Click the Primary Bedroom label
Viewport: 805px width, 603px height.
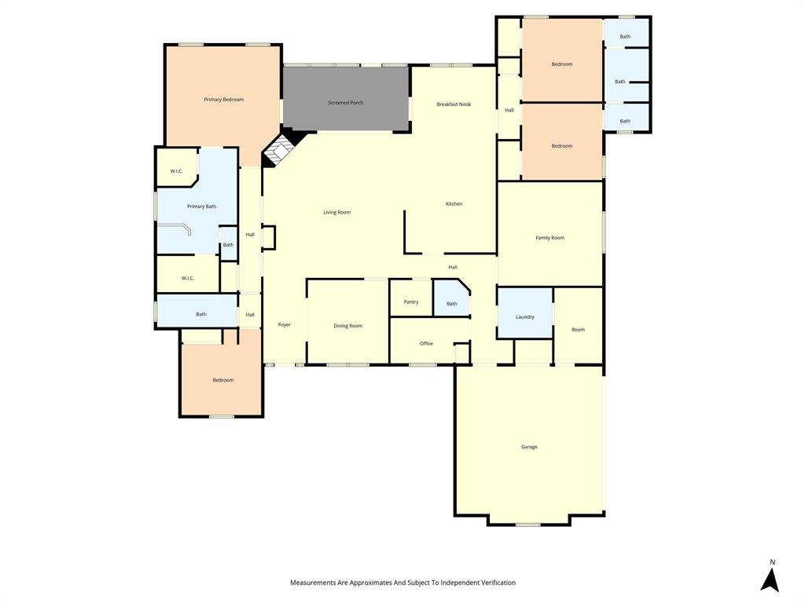[x=223, y=100]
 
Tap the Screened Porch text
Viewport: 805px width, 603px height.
[x=345, y=103]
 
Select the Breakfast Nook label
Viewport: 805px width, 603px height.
[x=454, y=104]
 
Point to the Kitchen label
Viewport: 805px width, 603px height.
[x=454, y=204]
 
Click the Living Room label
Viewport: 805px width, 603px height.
[x=336, y=212]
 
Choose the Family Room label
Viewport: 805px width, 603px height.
[x=550, y=238]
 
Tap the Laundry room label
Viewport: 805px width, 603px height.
[x=524, y=317]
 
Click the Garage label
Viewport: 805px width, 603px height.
[x=529, y=447]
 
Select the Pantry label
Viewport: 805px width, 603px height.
[x=410, y=302]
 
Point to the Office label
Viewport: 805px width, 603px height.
[x=426, y=343]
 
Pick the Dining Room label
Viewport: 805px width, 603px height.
[x=347, y=326]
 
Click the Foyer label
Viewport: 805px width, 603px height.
[x=284, y=324]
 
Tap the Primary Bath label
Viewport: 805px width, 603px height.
[x=201, y=206]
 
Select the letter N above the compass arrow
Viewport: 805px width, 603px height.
[x=772, y=562]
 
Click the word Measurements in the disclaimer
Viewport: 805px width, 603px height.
[x=316, y=583]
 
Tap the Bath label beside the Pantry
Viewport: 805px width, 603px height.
[x=451, y=304]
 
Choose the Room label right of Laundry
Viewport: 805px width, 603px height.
[x=578, y=330]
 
